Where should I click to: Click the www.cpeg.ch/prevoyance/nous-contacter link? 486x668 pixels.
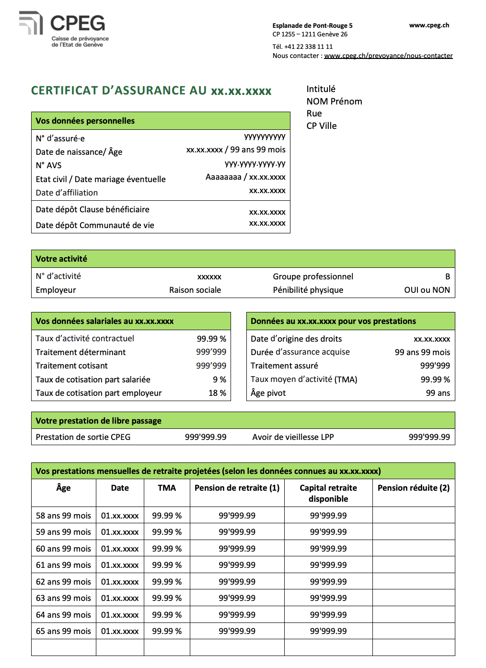click(388, 56)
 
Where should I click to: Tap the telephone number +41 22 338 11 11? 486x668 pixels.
click(308, 46)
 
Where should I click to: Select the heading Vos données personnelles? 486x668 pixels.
click(85, 121)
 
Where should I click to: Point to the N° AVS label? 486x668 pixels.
click(48, 165)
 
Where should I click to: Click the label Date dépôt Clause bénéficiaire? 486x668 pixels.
click(93, 209)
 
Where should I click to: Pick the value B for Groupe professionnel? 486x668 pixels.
click(447, 276)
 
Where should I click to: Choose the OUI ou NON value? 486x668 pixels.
click(427, 290)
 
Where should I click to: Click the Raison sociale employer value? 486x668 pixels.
click(195, 290)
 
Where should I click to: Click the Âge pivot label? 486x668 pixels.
click(268, 393)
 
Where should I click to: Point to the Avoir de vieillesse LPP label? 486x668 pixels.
click(293, 437)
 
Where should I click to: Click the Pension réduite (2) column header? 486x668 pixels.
click(413, 488)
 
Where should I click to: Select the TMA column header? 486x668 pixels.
click(167, 488)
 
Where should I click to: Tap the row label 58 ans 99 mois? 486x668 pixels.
click(63, 516)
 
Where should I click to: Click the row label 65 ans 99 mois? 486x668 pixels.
click(63, 631)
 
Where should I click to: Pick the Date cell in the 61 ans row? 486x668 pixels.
click(120, 565)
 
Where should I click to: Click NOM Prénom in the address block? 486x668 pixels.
click(334, 102)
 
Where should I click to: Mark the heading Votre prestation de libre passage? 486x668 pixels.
click(98, 421)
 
